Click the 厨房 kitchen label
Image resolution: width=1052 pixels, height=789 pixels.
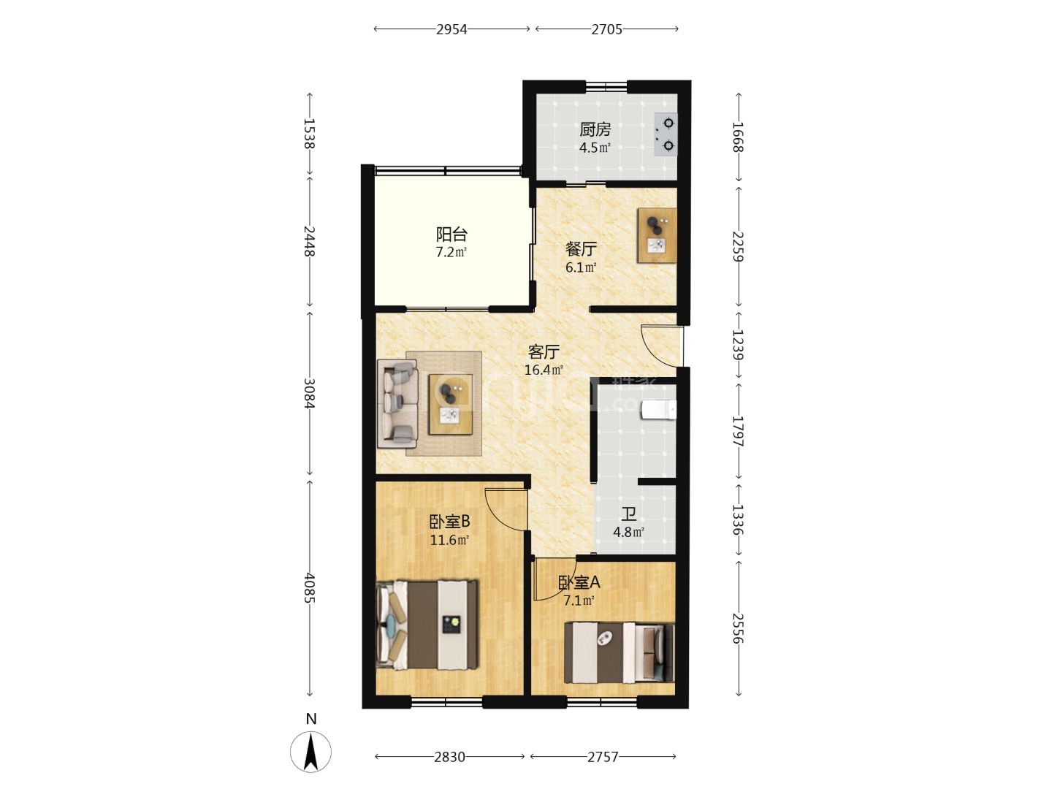click(x=595, y=129)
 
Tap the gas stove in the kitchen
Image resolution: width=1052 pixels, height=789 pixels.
click(x=666, y=134)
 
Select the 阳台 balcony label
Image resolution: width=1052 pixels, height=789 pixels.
click(x=451, y=235)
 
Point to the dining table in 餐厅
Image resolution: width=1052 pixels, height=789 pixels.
click(x=657, y=235)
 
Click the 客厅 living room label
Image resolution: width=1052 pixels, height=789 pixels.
click(x=544, y=352)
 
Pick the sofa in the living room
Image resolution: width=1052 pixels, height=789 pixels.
click(x=397, y=403)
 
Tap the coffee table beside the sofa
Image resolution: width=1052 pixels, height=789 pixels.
click(x=451, y=404)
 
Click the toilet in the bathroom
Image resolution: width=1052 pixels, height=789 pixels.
click(x=658, y=411)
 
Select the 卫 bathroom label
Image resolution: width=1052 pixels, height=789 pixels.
click(x=628, y=514)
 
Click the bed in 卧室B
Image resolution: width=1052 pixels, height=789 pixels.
click(x=427, y=624)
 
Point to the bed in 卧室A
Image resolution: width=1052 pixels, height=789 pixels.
click(x=619, y=653)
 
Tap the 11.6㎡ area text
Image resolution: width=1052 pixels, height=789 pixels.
click(x=449, y=541)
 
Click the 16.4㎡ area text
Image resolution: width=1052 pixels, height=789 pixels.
click(x=544, y=370)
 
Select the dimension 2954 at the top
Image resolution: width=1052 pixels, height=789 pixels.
click(x=451, y=29)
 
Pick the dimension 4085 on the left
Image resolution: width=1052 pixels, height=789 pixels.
click(x=309, y=588)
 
